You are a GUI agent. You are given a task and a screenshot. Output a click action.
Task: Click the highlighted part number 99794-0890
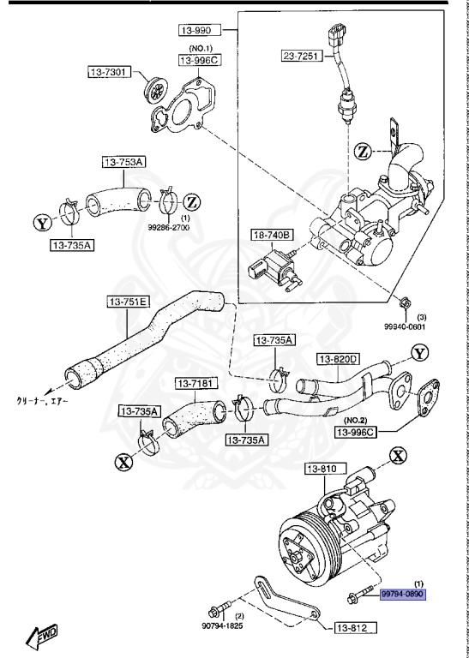[402, 594]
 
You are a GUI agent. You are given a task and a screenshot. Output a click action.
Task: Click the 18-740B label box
[272, 235]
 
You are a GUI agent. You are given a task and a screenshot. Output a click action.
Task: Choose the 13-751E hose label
[128, 302]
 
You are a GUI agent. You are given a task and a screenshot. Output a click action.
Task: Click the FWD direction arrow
[42, 635]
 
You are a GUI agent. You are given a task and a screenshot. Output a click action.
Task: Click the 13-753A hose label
[125, 162]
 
